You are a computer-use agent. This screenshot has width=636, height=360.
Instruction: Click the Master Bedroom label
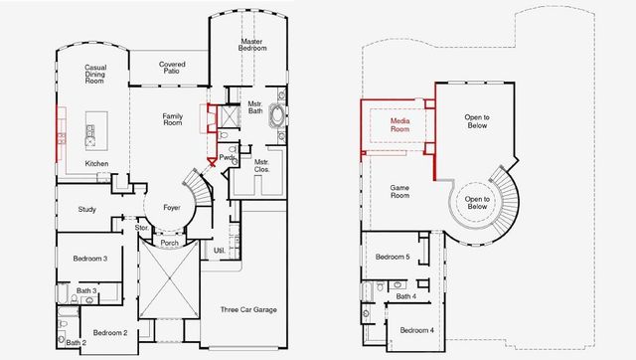point(251,46)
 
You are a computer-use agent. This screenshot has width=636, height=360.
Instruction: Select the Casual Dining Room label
point(96,76)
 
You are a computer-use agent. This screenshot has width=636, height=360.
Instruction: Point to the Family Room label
point(172,120)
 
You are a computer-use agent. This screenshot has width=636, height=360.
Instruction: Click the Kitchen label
point(96,163)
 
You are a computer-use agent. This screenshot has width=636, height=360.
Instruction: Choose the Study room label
point(86,209)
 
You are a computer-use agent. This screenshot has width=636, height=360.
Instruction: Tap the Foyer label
point(172,209)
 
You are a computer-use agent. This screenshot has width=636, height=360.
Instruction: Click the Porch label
point(170,242)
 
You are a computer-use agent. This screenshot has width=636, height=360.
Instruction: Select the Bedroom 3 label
point(89,259)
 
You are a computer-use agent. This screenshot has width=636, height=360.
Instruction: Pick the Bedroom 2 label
point(110,332)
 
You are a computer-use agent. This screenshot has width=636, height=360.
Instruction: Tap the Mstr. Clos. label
point(262,165)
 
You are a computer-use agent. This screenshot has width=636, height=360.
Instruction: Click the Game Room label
point(399,192)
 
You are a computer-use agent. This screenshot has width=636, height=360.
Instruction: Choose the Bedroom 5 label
point(392,258)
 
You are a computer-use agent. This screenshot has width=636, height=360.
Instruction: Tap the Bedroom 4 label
point(416,330)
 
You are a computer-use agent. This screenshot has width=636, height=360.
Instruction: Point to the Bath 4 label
point(405,295)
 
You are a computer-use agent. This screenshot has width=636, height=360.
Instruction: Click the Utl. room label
point(220,251)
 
